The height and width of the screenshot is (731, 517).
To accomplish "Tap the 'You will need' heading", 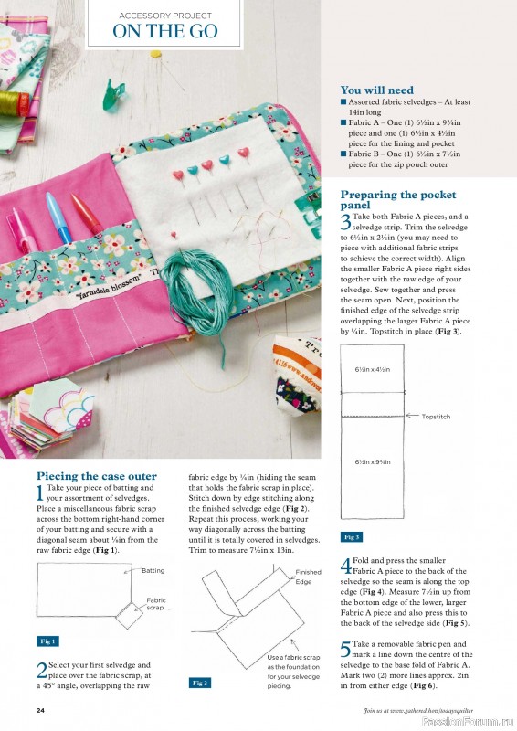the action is click(376, 90).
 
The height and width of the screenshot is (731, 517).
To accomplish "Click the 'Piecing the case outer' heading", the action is click(96, 476).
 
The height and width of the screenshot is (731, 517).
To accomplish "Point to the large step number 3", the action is click(345, 222).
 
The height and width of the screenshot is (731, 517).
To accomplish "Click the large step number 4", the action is click(345, 567).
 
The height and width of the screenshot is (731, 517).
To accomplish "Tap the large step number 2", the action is click(41, 672).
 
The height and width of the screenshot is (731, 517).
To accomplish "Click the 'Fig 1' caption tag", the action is click(48, 641).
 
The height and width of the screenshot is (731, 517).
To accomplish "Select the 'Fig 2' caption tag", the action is click(200, 683).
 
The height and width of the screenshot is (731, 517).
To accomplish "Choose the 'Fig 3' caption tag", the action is click(352, 537).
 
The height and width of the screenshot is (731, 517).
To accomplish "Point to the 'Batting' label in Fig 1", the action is click(153, 570).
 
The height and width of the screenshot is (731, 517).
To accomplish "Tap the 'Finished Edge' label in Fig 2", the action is click(308, 577).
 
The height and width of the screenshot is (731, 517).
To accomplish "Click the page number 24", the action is click(40, 710).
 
